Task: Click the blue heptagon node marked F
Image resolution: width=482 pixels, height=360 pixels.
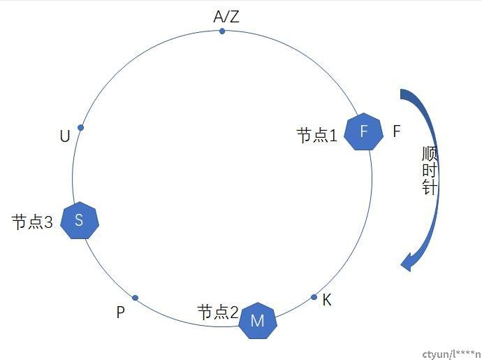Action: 364,131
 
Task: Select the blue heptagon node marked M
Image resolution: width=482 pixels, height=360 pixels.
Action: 258,321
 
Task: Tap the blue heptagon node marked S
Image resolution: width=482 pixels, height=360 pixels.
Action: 80,220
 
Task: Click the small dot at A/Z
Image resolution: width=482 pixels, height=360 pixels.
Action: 222,31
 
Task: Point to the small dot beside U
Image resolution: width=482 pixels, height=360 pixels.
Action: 81,127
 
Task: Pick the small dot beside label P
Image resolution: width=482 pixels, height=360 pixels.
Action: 136,298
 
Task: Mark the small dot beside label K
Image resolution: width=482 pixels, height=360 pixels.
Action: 314,297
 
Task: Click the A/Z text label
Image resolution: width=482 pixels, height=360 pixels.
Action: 226,17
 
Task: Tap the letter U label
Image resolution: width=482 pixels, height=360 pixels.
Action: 65,136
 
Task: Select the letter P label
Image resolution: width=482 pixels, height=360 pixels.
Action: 120,312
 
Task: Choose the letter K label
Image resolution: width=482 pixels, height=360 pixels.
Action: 327,300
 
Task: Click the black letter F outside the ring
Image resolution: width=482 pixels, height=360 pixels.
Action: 397,131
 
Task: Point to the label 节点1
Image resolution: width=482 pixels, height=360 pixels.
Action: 317,136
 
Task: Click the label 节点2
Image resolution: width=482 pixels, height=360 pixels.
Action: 218,312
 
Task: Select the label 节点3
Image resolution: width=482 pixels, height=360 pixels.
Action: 32,222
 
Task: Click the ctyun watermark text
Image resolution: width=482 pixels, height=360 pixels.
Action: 452,354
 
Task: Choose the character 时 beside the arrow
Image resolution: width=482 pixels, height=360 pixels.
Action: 430,170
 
